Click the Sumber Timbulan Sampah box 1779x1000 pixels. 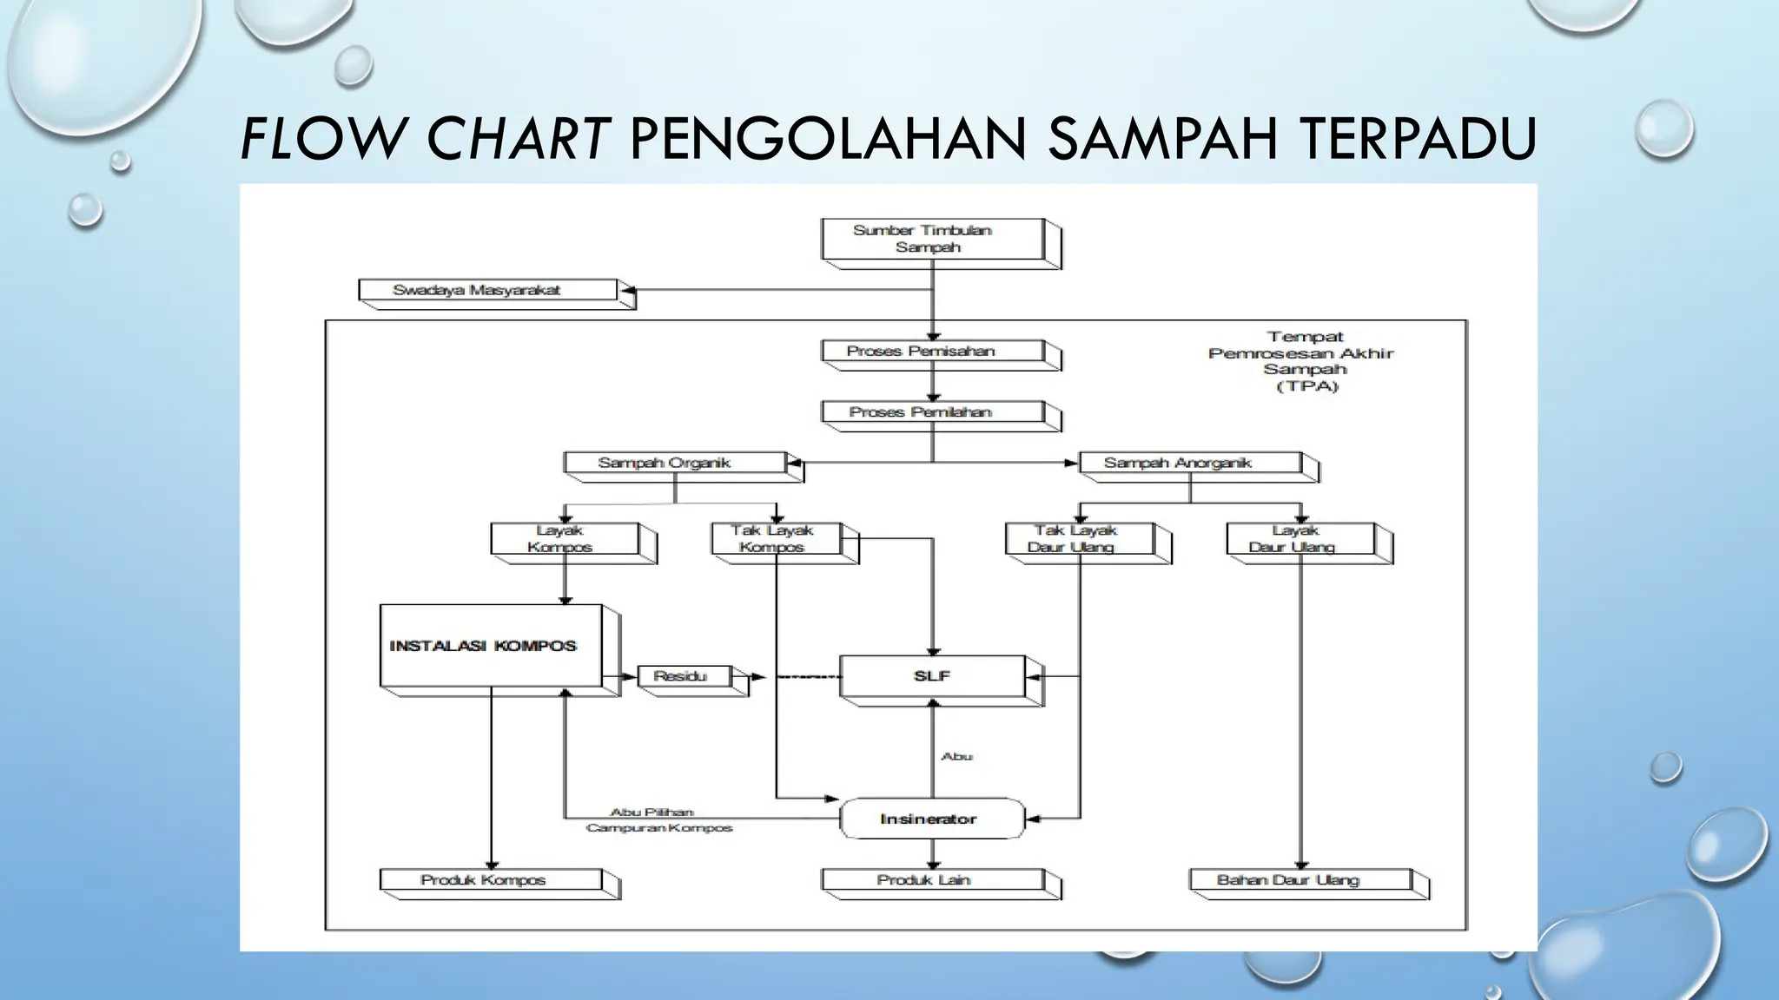932,239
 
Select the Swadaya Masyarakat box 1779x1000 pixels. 488,290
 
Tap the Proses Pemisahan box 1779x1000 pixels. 932,352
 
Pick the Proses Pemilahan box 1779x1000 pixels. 932,412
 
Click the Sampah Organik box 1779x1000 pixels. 675,463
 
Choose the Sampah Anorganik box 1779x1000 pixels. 1190,463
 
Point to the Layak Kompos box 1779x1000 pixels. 565,538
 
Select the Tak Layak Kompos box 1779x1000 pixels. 776,538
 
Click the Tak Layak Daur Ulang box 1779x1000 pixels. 1080,538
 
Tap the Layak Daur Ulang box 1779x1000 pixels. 1300,538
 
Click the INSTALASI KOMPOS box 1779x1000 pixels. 491,645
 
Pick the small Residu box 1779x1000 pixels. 684,676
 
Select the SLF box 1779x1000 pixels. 932,676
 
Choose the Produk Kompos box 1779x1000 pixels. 491,880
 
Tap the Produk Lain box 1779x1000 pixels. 932,880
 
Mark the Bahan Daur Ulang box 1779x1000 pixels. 1299,880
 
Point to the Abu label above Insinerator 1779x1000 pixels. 956,757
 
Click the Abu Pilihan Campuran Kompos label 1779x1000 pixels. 658,820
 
